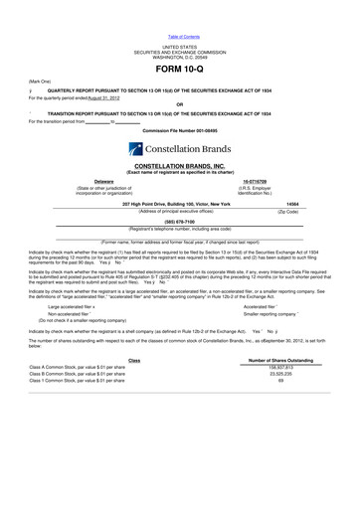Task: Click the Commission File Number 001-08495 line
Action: tap(179, 130)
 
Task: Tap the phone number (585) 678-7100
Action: tap(179, 222)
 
